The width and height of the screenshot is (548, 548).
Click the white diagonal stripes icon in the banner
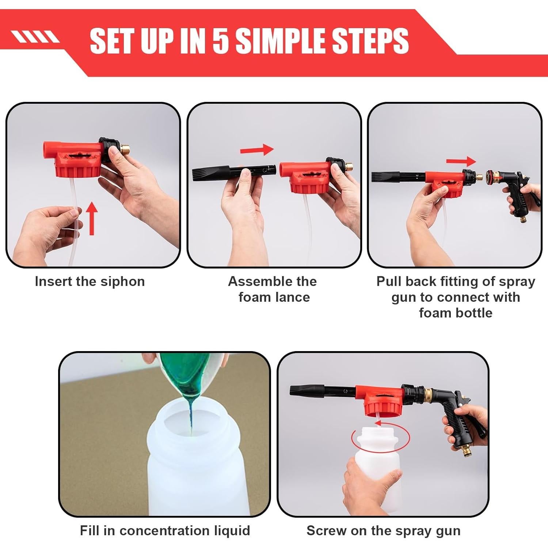[x=35, y=37]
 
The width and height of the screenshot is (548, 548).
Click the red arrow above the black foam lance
[x=257, y=149]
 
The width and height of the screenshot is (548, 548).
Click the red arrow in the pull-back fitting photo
[x=461, y=161]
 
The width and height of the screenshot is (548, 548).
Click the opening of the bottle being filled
[x=190, y=427]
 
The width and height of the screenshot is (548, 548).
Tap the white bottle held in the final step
[x=378, y=471]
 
